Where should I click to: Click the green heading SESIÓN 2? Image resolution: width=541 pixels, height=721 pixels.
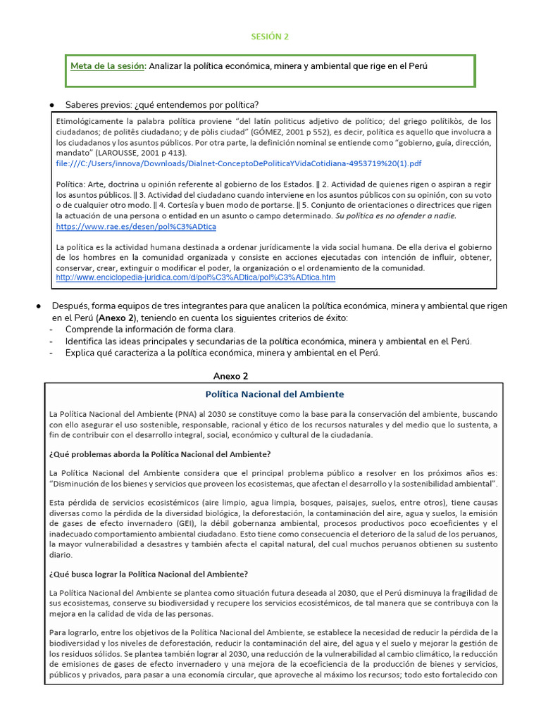point(270,36)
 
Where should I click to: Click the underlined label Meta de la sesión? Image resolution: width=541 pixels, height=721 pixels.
point(108,66)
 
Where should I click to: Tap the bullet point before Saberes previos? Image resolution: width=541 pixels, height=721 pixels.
point(52,105)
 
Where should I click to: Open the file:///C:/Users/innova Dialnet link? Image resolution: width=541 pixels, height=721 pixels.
point(238,163)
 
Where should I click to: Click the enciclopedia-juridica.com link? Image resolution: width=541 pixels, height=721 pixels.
point(195,278)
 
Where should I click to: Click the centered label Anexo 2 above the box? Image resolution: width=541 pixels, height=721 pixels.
point(230,376)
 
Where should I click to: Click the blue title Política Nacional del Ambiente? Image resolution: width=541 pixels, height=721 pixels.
point(274,394)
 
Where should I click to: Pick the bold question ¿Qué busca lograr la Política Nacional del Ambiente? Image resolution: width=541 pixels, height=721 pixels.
point(148,573)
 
